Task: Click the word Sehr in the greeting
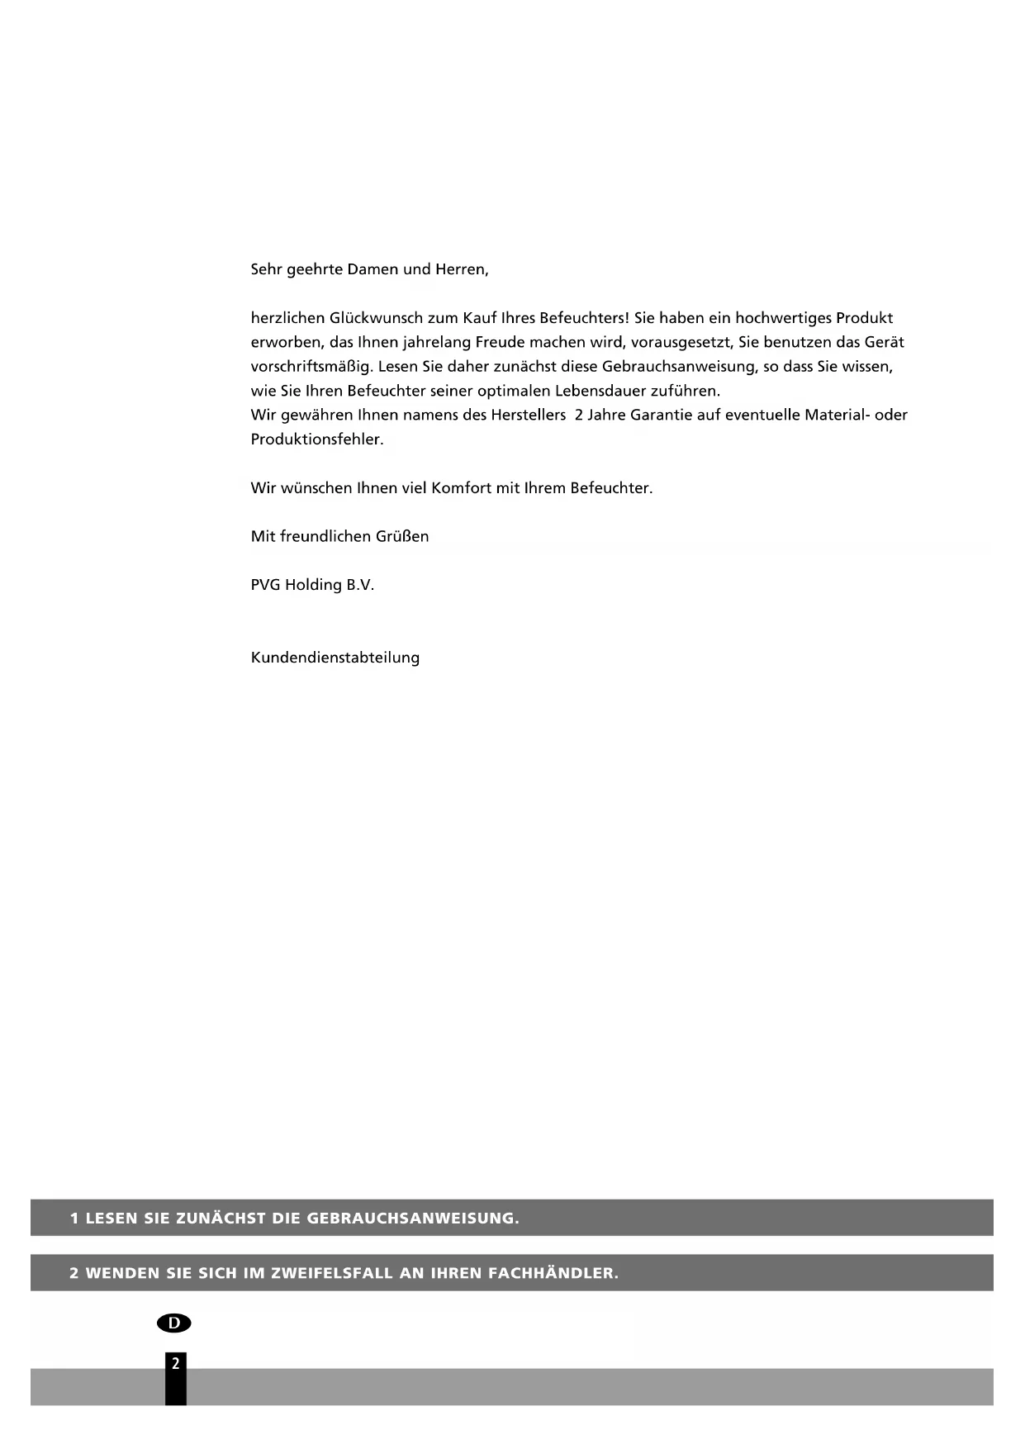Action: tap(264, 269)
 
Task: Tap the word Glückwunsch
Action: tap(376, 318)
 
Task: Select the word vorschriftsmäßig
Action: tap(311, 367)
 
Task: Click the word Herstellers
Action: tap(528, 415)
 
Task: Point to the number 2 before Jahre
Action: tap(579, 415)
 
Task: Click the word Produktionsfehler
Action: tap(317, 439)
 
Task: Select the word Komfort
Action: tap(461, 488)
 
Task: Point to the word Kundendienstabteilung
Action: tap(335, 658)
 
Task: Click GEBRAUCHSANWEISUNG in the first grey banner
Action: tap(412, 1219)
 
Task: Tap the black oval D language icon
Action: tap(173, 1323)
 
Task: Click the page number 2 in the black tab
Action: tap(175, 1364)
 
